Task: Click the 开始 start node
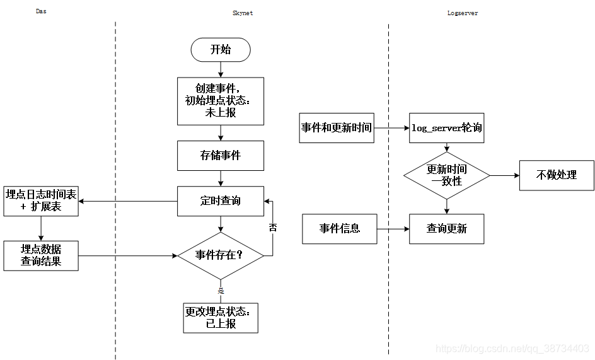tap(221, 50)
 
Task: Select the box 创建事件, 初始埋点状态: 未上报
tap(221, 101)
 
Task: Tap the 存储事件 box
tap(221, 155)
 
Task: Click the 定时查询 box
tap(221, 201)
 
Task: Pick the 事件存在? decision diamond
tap(220, 255)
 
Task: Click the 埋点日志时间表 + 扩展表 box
tap(41, 201)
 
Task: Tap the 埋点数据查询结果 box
tap(41, 255)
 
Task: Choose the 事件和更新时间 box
tap(336, 128)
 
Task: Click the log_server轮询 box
tap(447, 128)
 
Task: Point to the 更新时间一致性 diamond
tap(447, 175)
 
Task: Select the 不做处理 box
tap(557, 175)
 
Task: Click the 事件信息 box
tap(340, 228)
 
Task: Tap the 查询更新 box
tap(447, 228)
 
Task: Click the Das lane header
tap(41, 11)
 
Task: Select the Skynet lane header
tap(243, 13)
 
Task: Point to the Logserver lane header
tap(462, 13)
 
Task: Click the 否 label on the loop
tap(273, 228)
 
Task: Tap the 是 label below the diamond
tap(221, 291)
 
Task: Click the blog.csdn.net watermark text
tap(512, 349)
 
